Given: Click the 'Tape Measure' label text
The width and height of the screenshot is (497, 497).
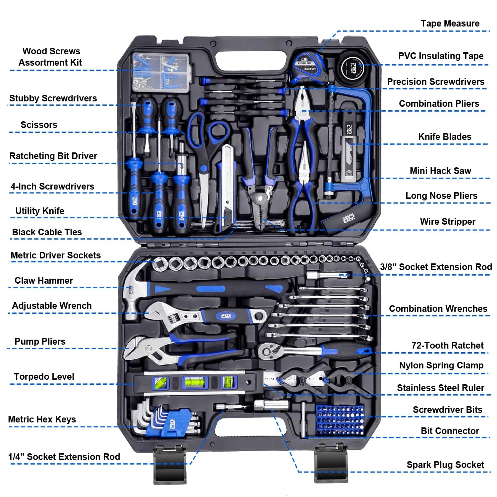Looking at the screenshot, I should [450, 24].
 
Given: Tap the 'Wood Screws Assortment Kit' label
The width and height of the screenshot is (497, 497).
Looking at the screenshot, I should [51, 57].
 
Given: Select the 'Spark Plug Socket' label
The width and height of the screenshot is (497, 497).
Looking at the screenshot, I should [445, 465].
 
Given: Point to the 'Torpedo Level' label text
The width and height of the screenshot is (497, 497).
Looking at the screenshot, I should [44, 376].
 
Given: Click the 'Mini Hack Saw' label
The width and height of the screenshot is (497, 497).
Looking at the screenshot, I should [440, 171].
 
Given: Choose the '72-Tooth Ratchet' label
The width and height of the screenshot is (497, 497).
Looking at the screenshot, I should [447, 345].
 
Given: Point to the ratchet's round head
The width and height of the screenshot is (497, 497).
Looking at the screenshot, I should [268, 351].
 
